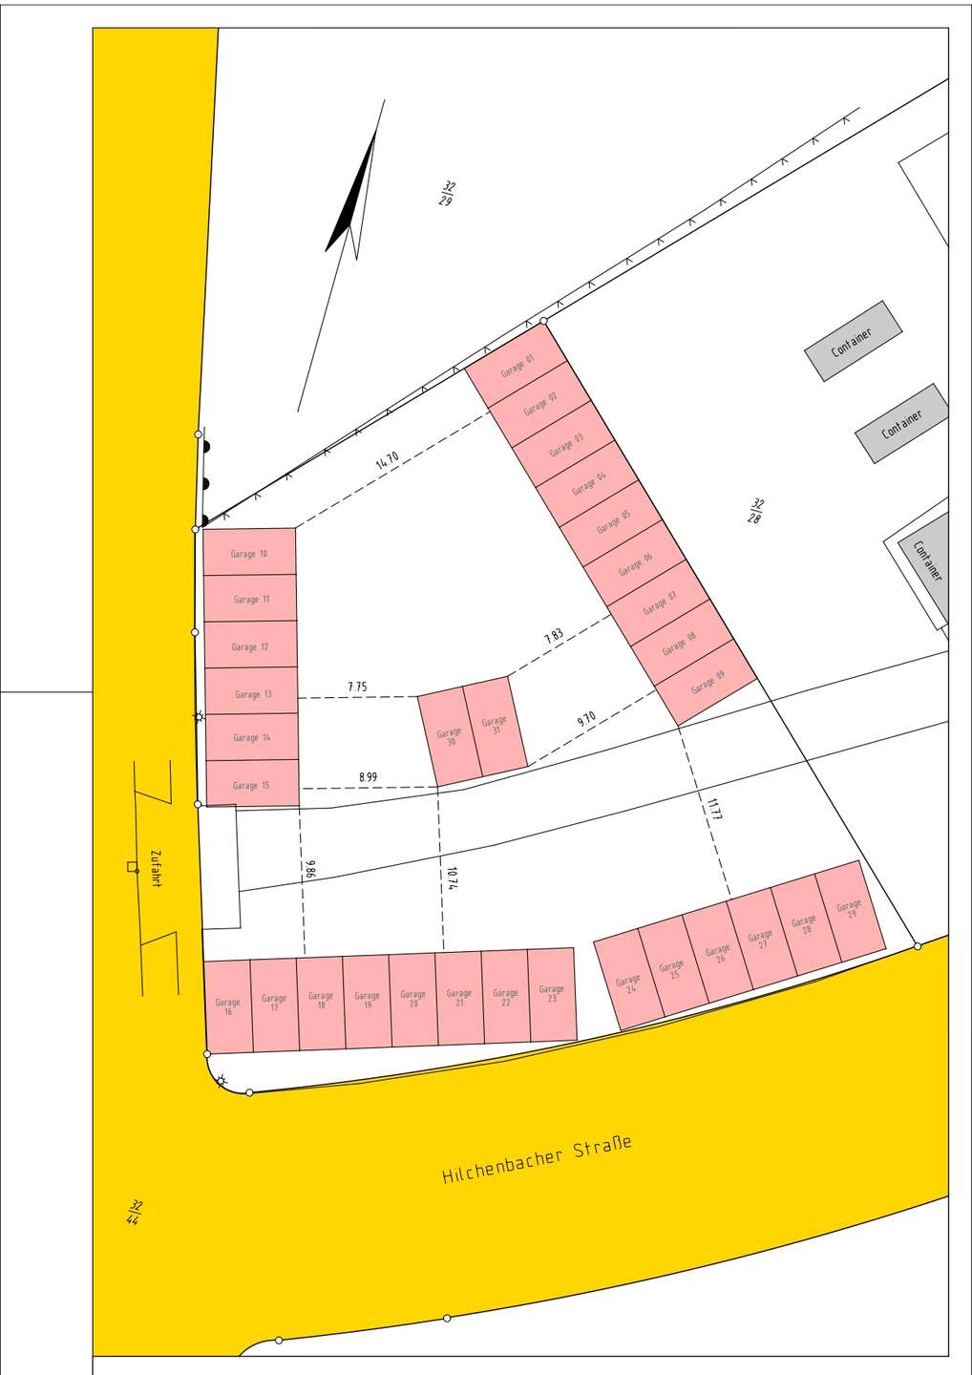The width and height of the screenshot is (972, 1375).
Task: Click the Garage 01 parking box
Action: click(517, 366)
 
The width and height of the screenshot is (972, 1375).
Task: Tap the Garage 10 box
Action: click(249, 553)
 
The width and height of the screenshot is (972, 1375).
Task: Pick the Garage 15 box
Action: click(252, 785)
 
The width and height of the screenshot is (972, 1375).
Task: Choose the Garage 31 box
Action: click(495, 726)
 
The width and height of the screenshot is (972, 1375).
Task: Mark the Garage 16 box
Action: click(228, 1006)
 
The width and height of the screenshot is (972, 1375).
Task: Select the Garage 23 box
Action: click(552, 994)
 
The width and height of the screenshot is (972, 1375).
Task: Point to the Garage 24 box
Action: click(628, 984)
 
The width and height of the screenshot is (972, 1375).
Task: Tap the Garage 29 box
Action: click(849, 909)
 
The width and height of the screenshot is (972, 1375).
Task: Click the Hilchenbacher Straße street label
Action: click(537, 1159)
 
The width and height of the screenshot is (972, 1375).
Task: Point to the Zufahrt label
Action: click(156, 868)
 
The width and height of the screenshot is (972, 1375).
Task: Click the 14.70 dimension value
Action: click(387, 460)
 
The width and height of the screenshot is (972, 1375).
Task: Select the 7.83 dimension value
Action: click(554, 636)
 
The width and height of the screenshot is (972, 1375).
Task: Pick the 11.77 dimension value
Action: click(714, 809)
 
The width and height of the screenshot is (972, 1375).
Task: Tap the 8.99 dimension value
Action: click(368, 777)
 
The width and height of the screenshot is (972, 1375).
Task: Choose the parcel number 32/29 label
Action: click(447, 193)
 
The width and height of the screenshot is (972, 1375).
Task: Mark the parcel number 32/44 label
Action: click(135, 1212)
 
